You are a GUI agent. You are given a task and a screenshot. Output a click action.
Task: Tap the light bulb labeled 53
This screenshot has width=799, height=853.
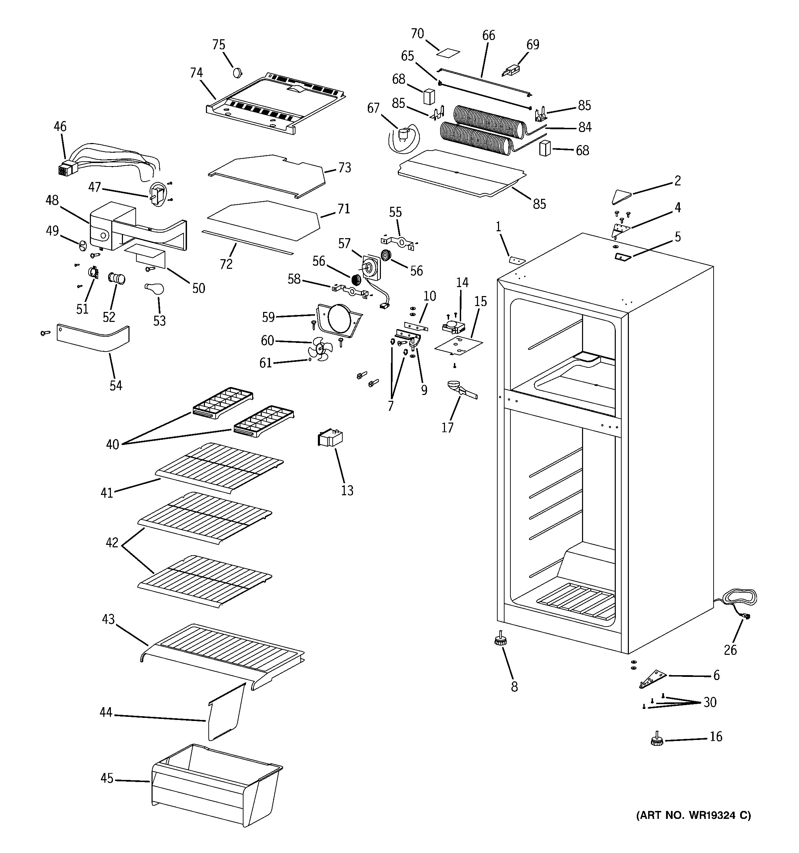tap(155, 289)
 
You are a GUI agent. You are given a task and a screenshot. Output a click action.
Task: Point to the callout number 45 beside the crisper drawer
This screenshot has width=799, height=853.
tap(107, 778)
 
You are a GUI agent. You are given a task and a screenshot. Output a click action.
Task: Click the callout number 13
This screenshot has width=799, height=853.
tap(347, 490)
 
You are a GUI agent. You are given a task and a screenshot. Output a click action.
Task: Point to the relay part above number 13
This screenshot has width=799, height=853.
tap(329, 438)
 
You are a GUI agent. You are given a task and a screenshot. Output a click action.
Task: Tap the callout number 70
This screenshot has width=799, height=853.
tap(417, 33)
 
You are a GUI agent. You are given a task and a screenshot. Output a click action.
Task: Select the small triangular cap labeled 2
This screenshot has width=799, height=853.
tap(620, 196)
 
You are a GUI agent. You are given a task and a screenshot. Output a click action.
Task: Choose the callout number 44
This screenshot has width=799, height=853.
tap(106, 713)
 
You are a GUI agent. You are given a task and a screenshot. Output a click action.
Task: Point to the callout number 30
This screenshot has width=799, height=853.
tap(710, 702)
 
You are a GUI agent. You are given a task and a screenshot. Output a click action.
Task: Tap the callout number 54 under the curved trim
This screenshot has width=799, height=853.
tap(116, 385)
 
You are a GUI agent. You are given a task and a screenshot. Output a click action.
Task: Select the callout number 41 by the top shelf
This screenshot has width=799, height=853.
tap(107, 492)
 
